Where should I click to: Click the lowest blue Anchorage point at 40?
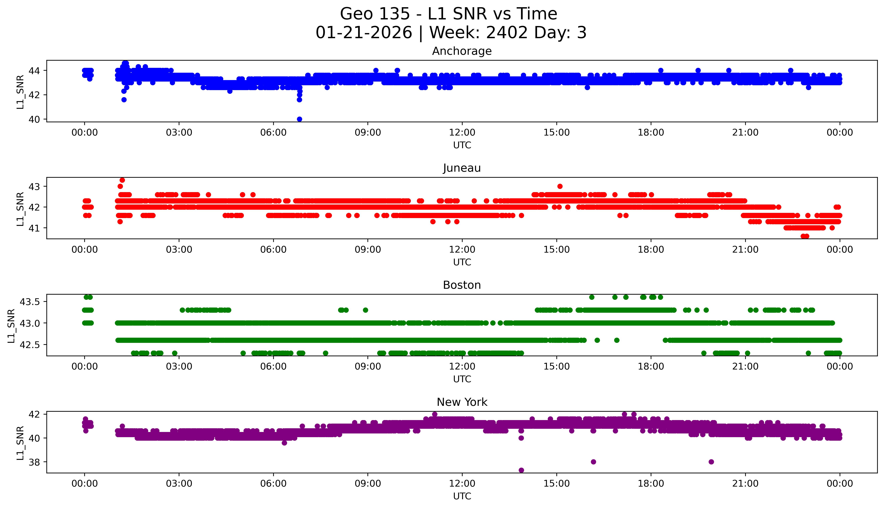point(299,119)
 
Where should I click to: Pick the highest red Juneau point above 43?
point(122,180)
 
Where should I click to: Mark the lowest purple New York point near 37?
point(521,470)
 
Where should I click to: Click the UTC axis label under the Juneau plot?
point(462,262)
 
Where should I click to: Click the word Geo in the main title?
point(352,14)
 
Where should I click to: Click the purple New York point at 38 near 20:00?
point(711,462)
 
